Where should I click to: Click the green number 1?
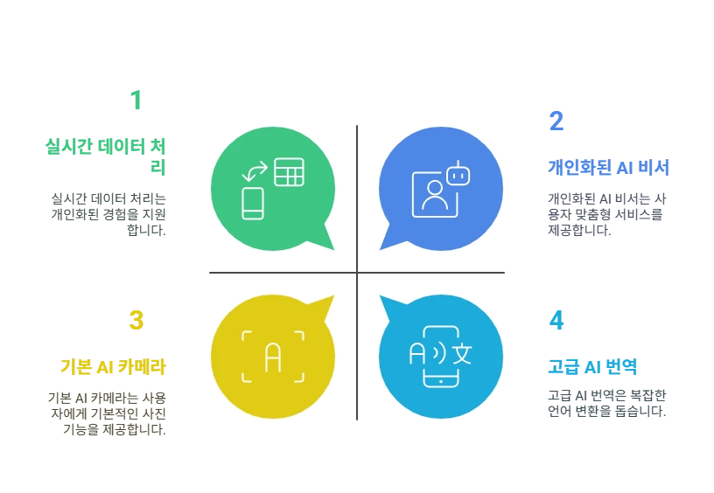[x=136, y=100]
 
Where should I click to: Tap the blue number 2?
[x=556, y=121]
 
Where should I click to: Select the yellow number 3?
[x=136, y=320]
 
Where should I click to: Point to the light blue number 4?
[x=556, y=320]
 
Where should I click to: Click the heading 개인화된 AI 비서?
[x=608, y=167]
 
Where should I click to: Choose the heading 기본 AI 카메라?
[x=114, y=366]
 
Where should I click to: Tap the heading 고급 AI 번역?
[x=592, y=366]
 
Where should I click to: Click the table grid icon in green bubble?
[x=289, y=172]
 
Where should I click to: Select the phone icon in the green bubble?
[x=253, y=204]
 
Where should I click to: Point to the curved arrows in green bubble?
[x=255, y=171]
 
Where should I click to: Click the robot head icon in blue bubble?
[x=458, y=174]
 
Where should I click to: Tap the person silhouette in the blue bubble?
[x=435, y=195]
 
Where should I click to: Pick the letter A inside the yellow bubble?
[x=273, y=358]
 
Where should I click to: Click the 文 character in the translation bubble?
[x=462, y=354]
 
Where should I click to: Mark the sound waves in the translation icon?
[x=439, y=354]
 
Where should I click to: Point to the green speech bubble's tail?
[x=327, y=238]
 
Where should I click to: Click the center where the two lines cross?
[x=357, y=273]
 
